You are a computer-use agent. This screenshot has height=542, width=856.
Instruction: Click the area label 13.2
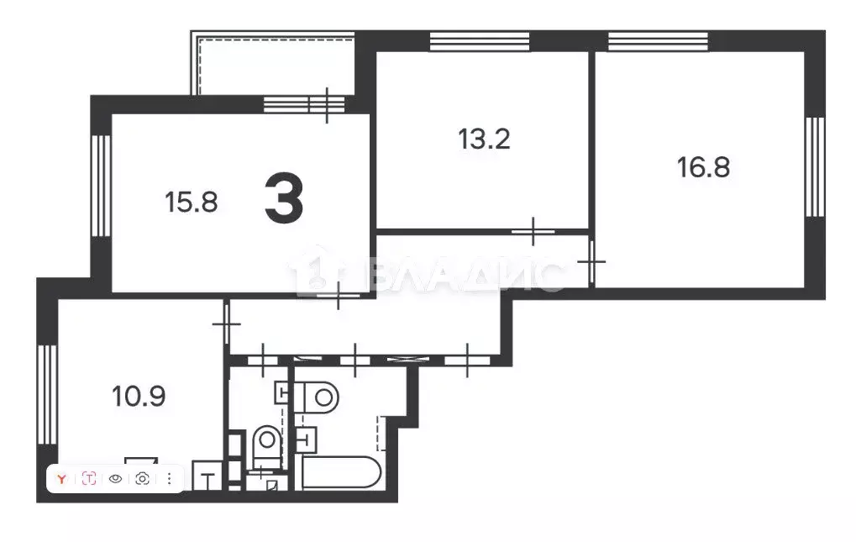(485, 139)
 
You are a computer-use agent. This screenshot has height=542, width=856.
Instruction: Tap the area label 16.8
(703, 166)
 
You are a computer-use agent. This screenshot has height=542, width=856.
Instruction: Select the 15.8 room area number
(192, 202)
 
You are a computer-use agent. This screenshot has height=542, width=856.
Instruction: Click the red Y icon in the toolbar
(61, 479)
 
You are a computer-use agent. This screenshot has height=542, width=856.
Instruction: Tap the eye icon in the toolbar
(116, 479)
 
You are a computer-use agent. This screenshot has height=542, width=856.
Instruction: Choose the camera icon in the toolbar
(142, 479)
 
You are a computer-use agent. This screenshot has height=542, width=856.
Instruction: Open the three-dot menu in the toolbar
(169, 479)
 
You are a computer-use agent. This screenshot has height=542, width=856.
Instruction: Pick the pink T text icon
(89, 479)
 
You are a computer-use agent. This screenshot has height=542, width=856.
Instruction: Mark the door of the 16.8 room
(592, 261)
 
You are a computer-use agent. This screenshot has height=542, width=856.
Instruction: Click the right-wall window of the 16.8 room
(813, 166)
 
